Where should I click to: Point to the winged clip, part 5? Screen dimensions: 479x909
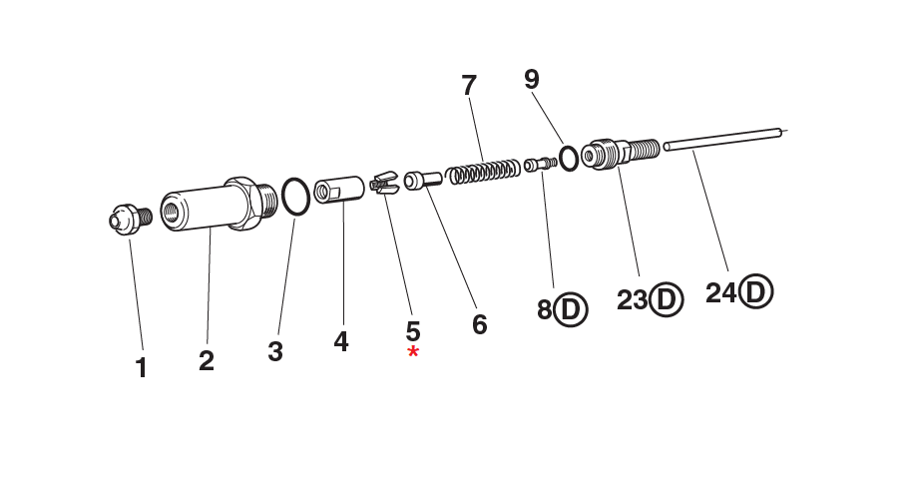click(383, 184)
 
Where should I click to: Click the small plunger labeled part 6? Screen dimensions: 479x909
click(422, 180)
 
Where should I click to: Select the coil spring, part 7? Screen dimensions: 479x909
click(483, 170)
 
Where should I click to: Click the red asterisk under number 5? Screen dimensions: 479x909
click(413, 353)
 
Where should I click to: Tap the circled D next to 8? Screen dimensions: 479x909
click(571, 309)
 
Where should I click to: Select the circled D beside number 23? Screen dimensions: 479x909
click(666, 298)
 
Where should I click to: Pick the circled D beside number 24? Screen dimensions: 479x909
click(756, 291)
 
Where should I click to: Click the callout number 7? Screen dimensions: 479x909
click(470, 86)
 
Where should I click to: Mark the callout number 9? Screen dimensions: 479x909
click(533, 80)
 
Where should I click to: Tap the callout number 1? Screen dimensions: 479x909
click(142, 367)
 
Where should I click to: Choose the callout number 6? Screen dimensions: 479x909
click(480, 324)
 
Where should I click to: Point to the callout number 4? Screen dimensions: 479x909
click(341, 341)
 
